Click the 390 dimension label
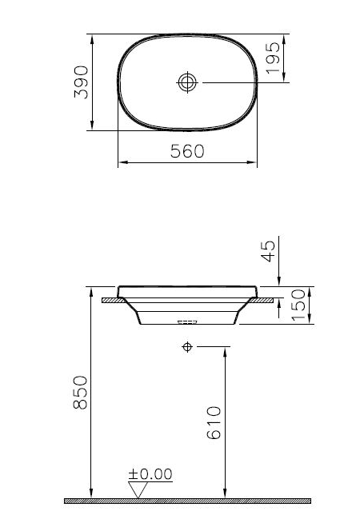pos(81,82)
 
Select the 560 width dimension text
pos(187,151)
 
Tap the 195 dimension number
pos(273,58)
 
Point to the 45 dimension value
pos(268,251)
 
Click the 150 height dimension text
pos(298,305)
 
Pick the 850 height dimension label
pos(80,392)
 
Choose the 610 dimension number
pos(214,422)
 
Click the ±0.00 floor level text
pos(150,474)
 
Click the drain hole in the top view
pos(187,82)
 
